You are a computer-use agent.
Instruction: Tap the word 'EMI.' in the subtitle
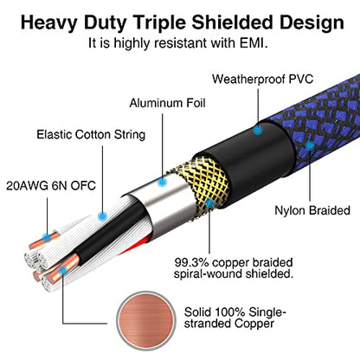(254, 43)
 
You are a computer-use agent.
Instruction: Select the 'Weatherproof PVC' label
(262, 79)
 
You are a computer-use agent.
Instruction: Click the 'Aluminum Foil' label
(167, 103)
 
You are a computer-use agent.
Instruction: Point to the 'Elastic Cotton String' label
(91, 135)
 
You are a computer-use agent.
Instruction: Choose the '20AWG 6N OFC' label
(51, 185)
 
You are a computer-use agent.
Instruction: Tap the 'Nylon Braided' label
(312, 210)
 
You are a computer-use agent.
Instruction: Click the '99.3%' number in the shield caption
(191, 262)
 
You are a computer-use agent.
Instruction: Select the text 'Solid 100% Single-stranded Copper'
(235, 318)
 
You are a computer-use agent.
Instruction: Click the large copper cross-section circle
(146, 319)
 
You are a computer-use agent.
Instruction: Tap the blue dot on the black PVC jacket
(258, 131)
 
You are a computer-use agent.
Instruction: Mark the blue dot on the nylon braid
(310, 146)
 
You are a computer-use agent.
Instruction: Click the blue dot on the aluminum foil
(163, 182)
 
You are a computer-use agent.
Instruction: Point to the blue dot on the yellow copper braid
(209, 203)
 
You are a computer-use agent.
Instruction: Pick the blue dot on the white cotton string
(102, 216)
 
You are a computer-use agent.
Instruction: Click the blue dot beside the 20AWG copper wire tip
(46, 238)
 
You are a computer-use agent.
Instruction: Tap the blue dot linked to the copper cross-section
(62, 271)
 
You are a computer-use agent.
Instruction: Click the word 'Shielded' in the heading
(233, 22)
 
